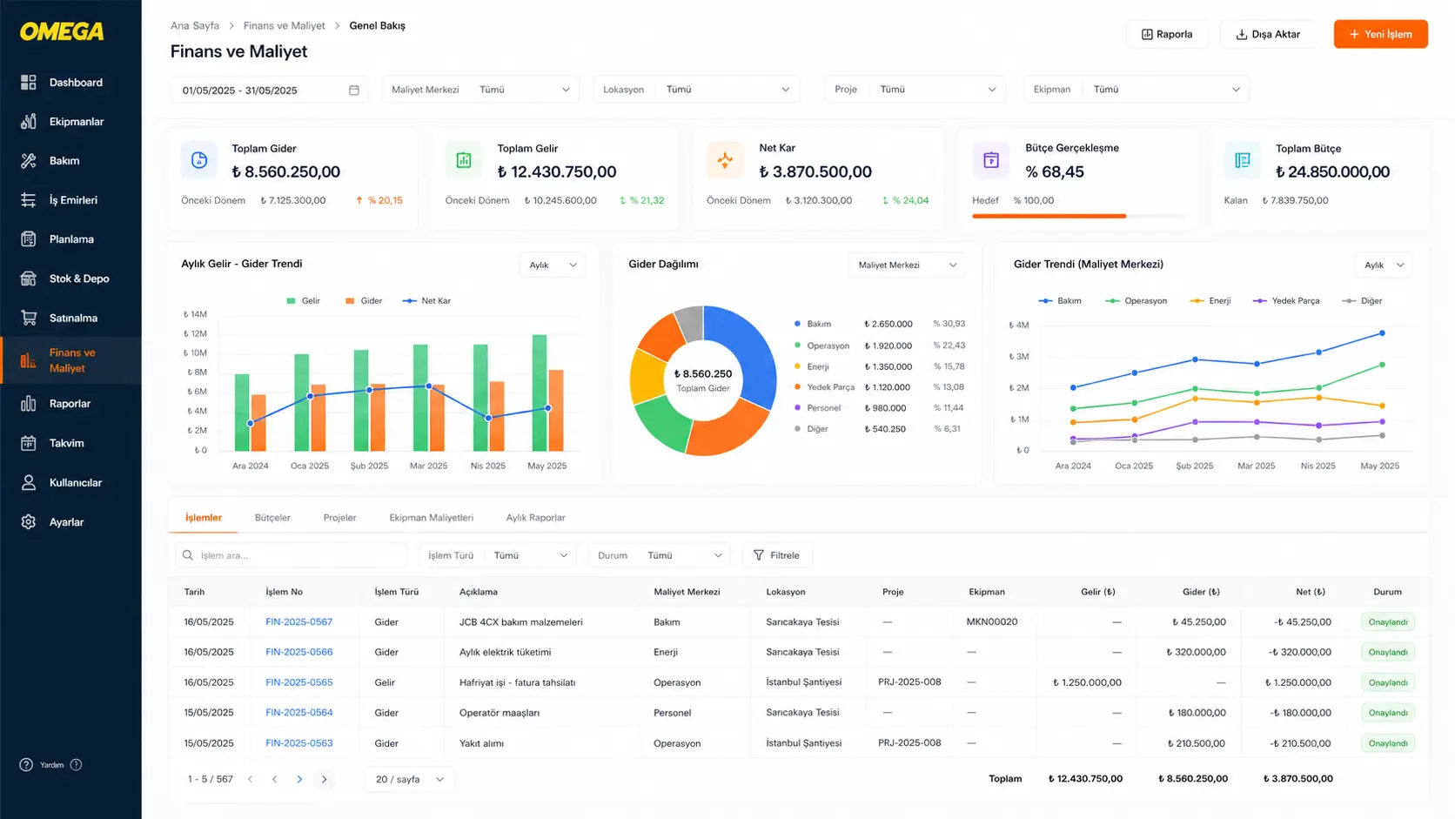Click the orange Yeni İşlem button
pyautogui.click(x=1380, y=34)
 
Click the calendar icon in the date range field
pyautogui.click(x=354, y=90)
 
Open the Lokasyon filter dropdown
pyautogui.click(x=696, y=90)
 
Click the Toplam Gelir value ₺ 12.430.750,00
pyautogui.click(x=557, y=171)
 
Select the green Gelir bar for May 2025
pyautogui.click(x=540, y=393)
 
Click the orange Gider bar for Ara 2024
pyautogui.click(x=258, y=422)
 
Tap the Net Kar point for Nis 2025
pyautogui.click(x=488, y=419)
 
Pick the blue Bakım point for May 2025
pyautogui.click(x=1382, y=333)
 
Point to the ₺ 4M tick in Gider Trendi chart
pyautogui.click(x=1018, y=325)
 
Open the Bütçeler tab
pyautogui.click(x=272, y=518)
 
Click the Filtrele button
pyautogui.click(x=777, y=555)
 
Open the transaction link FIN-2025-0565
pyautogui.click(x=298, y=682)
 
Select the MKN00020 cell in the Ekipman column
pyautogui.click(x=992, y=621)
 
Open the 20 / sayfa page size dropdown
pyautogui.click(x=410, y=779)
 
